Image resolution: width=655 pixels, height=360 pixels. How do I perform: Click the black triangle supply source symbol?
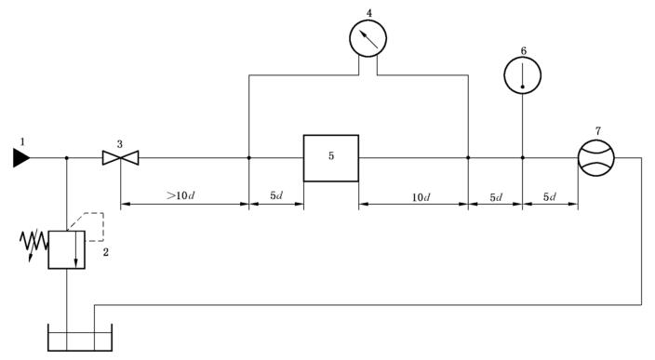[20, 158]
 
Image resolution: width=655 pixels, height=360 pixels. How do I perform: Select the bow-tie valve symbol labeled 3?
[120, 158]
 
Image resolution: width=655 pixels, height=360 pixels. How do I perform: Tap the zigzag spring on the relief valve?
[33, 241]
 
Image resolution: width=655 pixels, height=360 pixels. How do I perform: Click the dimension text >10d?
[180, 195]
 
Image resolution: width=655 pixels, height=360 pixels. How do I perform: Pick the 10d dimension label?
[421, 197]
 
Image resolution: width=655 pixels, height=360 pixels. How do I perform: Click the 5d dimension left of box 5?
[276, 195]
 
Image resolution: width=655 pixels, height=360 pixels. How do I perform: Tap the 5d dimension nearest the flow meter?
[550, 196]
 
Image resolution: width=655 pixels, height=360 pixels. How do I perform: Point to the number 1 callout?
[22, 142]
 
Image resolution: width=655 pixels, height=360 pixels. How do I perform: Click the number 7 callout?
[598, 131]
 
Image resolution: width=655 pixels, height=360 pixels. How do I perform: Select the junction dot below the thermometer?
[523, 158]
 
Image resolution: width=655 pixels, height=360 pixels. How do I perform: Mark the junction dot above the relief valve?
[67, 158]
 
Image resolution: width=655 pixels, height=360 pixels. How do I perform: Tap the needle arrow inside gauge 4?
[368, 39]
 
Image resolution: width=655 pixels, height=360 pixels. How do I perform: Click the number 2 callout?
[106, 252]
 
